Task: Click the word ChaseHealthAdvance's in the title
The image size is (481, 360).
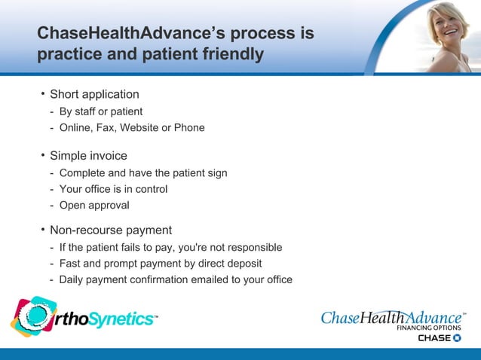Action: (124, 35)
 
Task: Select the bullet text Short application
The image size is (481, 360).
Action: (94, 94)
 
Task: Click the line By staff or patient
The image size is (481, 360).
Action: (101, 111)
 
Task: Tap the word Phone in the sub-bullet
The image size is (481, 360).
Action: (189, 128)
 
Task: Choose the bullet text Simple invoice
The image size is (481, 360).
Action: (88, 156)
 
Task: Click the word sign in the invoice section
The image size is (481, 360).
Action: (216, 173)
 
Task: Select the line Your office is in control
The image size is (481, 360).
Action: (113, 189)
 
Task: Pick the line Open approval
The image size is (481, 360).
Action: (94, 206)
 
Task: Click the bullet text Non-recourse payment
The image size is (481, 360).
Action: (111, 230)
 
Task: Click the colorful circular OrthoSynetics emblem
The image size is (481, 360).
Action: (32, 316)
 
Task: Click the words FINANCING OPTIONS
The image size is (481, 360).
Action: (430, 328)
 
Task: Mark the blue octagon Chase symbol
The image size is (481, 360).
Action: (458, 338)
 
